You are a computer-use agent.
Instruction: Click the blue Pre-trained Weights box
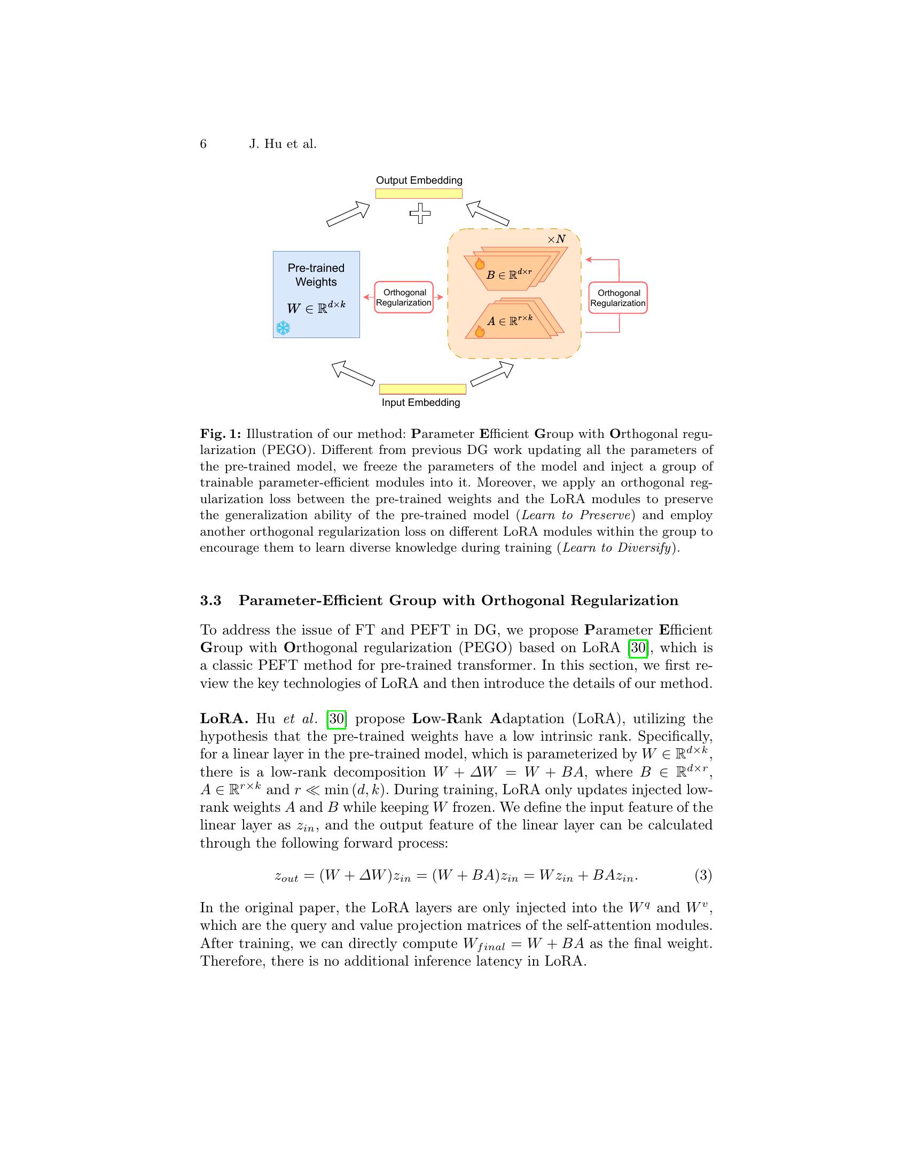[316, 294]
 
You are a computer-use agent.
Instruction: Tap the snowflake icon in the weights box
[283, 328]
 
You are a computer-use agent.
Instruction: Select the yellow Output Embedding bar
[419, 194]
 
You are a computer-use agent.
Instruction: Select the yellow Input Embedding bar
[422, 389]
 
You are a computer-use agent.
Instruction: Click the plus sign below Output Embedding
[420, 214]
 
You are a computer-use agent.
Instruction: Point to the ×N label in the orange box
[557, 239]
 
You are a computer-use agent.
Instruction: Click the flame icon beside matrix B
[480, 263]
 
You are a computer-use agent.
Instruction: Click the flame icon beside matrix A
[480, 331]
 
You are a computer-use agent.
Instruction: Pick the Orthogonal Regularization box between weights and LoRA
[403, 297]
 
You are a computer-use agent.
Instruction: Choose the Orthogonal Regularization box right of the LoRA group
[617, 298]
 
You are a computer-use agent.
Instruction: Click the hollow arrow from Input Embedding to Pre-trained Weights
[353, 373]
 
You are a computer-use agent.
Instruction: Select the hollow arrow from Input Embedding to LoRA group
[491, 374]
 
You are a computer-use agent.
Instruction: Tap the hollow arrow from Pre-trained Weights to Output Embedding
[348, 214]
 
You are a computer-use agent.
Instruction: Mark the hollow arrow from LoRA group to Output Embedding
[487, 213]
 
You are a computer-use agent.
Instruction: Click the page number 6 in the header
[203, 144]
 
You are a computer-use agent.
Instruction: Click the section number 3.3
[211, 601]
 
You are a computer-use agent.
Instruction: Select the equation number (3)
[703, 876]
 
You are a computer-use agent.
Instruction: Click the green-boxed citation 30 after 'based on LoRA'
[638, 648]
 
